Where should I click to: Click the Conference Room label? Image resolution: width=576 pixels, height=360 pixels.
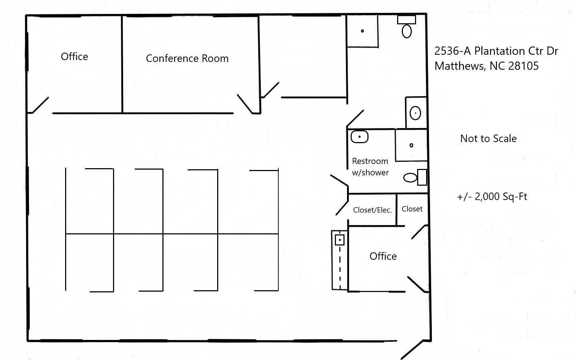click(187, 58)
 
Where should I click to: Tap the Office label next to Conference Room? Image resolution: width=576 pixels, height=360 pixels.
click(74, 57)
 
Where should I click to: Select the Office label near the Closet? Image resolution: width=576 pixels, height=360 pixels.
click(383, 256)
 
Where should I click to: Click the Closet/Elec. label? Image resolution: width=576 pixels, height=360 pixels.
click(372, 210)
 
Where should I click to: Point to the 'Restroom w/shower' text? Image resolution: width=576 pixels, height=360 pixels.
click(370, 167)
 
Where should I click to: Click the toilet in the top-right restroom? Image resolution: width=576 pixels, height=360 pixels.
click(407, 31)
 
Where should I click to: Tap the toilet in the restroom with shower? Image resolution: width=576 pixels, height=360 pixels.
click(411, 177)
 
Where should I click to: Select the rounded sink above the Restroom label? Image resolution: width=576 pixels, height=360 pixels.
click(359, 137)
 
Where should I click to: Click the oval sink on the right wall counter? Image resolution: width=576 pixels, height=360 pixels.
click(415, 113)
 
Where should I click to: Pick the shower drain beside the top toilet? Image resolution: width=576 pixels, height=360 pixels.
click(362, 31)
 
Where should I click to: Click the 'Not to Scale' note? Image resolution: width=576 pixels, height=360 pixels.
click(488, 138)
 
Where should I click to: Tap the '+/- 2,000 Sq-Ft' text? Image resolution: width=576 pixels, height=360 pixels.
click(492, 196)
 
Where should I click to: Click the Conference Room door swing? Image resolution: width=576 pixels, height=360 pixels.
click(245, 104)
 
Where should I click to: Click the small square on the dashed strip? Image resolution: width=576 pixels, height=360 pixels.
click(339, 240)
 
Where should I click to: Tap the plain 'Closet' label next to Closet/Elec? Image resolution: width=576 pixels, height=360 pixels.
click(412, 209)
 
